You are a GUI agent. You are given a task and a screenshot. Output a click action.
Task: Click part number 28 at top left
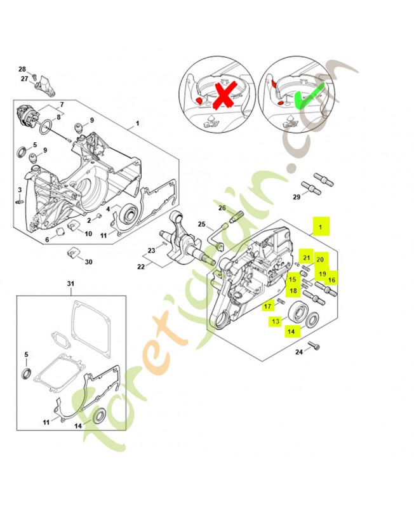tap(22, 69)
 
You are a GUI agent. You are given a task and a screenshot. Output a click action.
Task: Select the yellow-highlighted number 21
tap(307, 258)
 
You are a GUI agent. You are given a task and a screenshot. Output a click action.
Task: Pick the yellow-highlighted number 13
tap(276, 321)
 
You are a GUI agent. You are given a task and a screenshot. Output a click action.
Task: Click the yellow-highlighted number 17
tap(268, 306)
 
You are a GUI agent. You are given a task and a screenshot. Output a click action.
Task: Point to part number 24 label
tap(298, 352)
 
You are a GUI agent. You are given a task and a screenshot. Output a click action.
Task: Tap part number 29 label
tap(297, 197)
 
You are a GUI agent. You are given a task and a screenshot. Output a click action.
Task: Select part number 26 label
tap(222, 208)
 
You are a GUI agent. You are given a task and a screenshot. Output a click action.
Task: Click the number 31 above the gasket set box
tap(70, 283)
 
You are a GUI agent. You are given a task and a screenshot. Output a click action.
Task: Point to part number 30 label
tap(88, 262)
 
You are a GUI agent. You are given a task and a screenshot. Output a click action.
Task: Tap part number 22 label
tap(141, 267)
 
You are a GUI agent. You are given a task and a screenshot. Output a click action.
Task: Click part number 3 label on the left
tap(20, 189)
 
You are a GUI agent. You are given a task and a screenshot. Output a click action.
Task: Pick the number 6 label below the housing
tap(47, 239)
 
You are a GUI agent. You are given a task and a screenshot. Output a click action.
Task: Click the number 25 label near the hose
tap(201, 224)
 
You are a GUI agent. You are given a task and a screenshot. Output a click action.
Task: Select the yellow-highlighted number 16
tap(331, 279)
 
